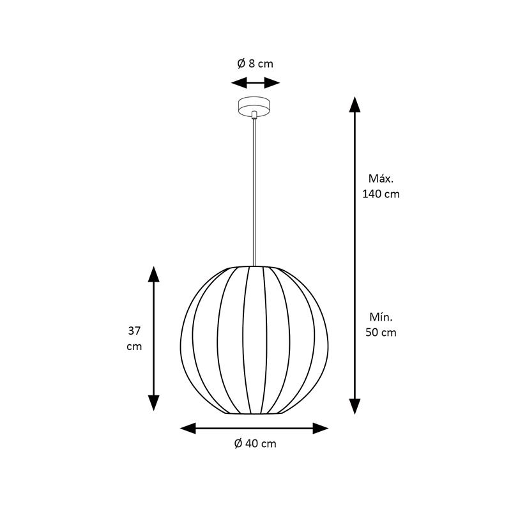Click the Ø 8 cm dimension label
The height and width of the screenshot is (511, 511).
(255, 63)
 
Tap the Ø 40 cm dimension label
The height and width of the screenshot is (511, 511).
(255, 443)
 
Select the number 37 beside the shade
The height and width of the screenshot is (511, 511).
(134, 331)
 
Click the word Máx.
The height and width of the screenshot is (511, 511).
(381, 178)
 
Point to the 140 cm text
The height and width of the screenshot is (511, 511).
(381, 194)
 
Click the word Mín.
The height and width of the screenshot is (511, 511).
(381, 317)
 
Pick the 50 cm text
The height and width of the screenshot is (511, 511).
(381, 332)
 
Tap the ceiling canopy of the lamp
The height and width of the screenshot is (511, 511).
(254, 105)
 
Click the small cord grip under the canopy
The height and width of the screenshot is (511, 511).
(254, 115)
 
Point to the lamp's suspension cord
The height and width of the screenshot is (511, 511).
(254, 192)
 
